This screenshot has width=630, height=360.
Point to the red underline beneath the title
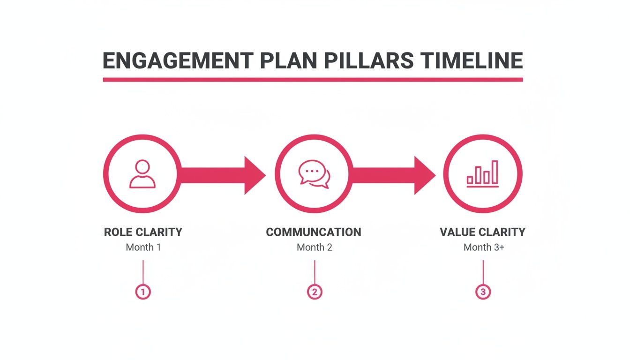(313, 80)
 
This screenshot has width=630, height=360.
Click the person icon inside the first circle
(142, 174)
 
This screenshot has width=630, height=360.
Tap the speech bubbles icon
(314, 174)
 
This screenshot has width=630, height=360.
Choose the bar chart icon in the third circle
(483, 174)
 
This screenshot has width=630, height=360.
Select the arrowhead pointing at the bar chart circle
(424, 175)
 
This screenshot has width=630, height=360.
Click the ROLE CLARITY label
(143, 232)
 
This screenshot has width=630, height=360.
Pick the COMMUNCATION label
(314, 232)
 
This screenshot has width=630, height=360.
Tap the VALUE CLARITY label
(483, 232)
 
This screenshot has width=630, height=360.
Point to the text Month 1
(143, 247)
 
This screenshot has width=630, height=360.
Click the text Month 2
(314, 247)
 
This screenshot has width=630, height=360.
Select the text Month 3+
(484, 247)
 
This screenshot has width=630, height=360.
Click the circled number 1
(143, 292)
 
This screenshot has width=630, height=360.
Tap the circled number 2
(315, 292)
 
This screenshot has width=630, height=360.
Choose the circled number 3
(483, 292)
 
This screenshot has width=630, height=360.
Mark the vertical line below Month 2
(315, 272)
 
